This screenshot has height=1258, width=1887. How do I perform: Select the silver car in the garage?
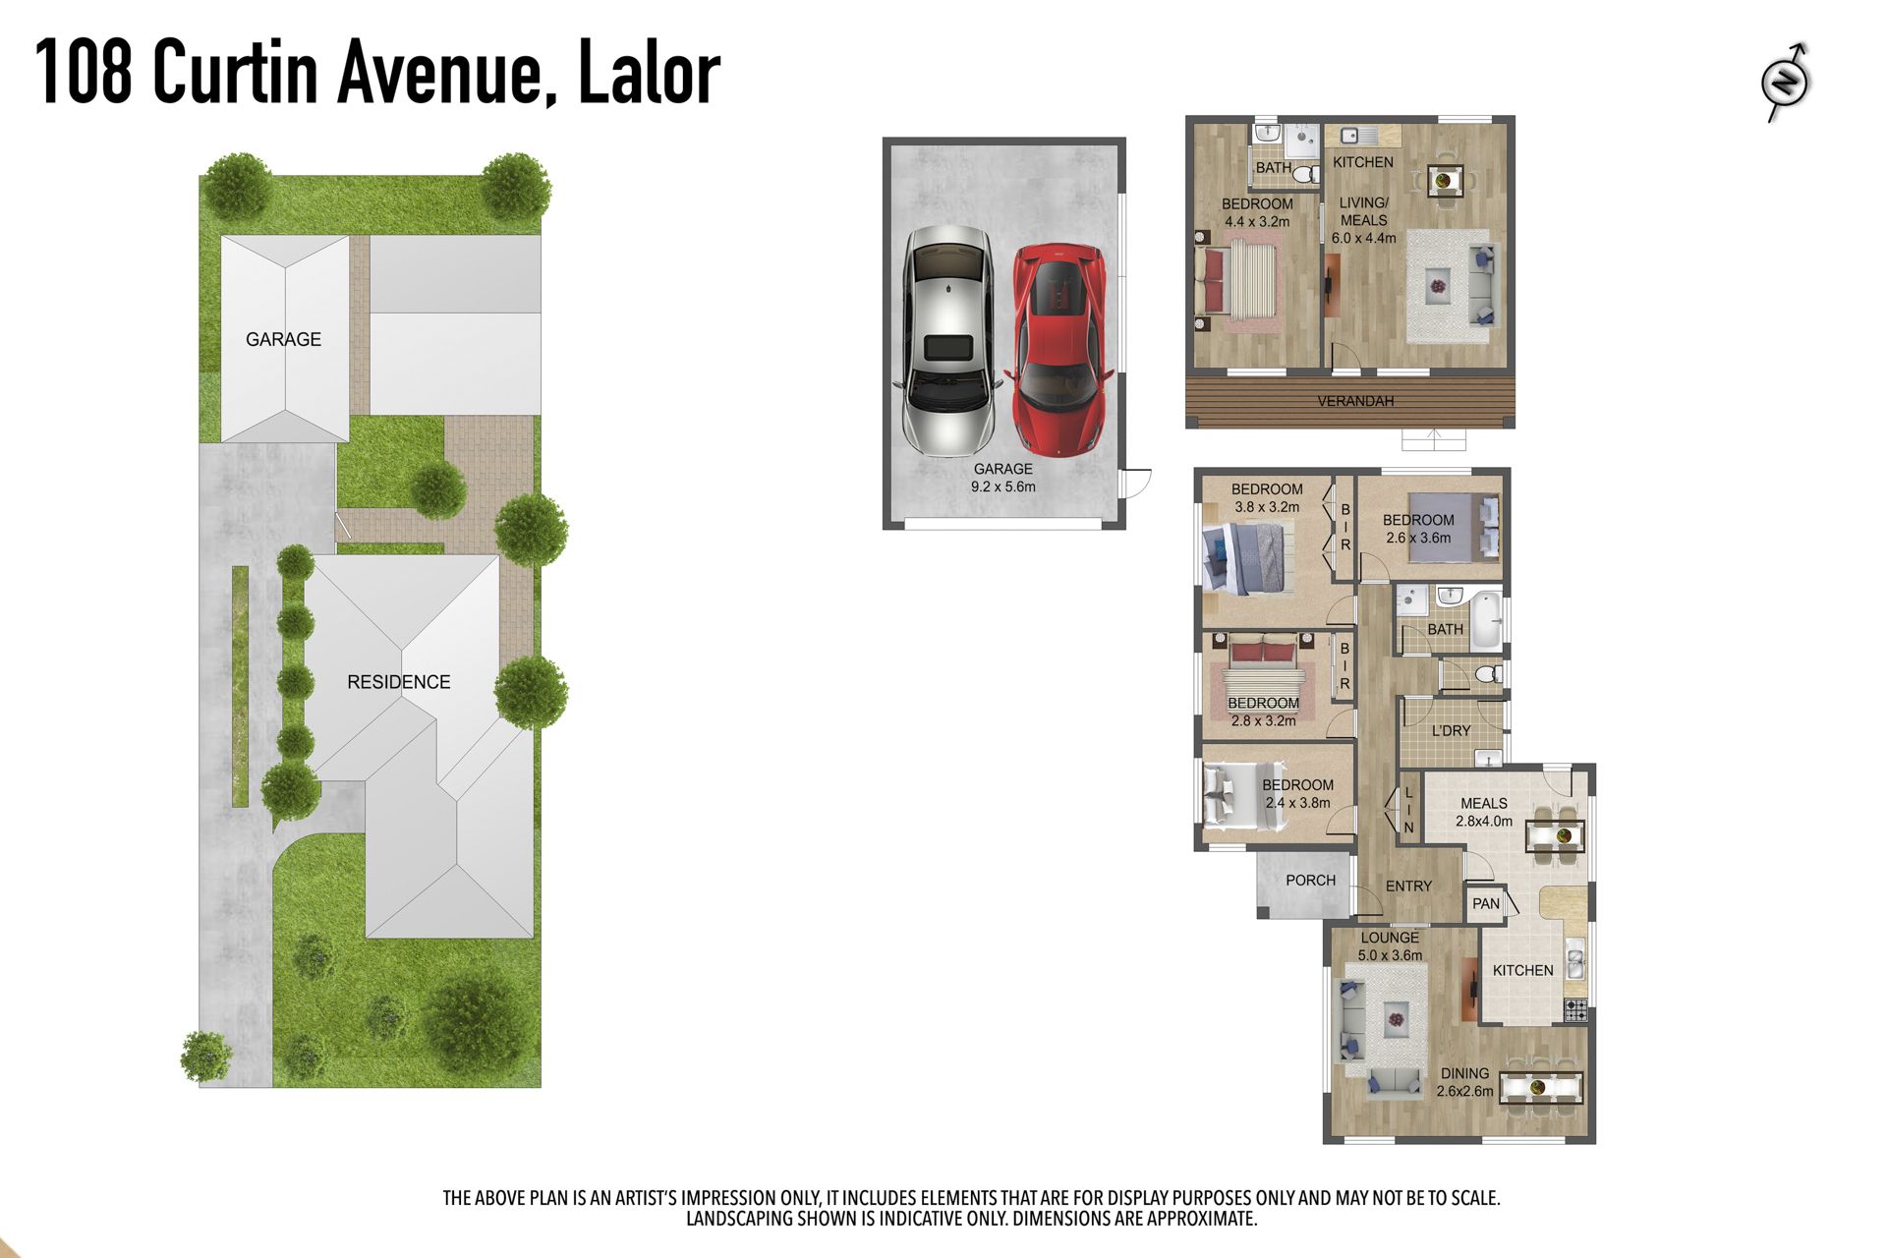946,340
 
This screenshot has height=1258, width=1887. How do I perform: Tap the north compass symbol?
1787,82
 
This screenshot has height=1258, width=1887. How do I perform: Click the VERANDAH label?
1355,401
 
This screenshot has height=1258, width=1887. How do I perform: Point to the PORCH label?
1310,881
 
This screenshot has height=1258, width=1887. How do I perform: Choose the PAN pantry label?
1486,904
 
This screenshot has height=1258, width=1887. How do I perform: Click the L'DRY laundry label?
1451,731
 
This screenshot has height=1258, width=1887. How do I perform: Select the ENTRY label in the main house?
1408,886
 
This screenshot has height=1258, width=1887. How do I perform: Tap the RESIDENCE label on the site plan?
399,682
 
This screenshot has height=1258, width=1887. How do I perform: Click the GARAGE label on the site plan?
283,339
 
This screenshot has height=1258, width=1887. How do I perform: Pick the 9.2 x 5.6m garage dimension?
1003,486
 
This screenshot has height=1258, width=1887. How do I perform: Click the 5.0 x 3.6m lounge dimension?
1390,955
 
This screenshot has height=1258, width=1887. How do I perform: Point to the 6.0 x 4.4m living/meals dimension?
1364,238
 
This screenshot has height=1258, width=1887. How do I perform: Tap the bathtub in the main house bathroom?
1485,618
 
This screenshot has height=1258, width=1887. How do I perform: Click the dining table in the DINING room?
1541,1088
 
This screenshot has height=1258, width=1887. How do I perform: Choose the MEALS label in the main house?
1483,804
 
